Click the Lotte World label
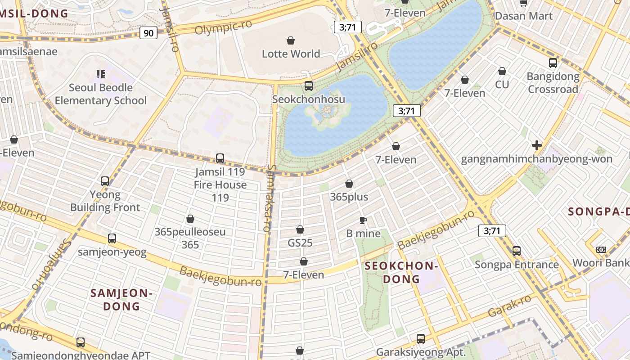pos(291,54)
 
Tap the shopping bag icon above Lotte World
pos(291,40)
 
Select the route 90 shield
pos(148,32)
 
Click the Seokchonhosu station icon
pos(308,85)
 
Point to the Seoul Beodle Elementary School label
pos(101,94)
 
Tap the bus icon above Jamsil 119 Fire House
pos(220,158)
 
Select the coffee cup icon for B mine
pos(363,220)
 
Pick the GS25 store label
pos(300,243)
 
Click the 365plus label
pos(349,197)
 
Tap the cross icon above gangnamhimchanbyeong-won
pos(536,145)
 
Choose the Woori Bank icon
pos(601,250)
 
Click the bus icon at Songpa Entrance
pos(517,251)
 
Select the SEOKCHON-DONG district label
pos(401,272)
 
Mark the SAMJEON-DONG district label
pos(122,300)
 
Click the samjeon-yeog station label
pos(112,252)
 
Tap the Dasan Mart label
pos(524,16)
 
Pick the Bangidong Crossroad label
pos(553,83)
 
